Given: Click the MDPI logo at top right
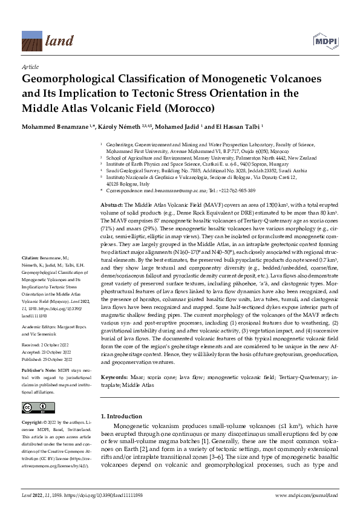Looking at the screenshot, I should pyautogui.click(x=326, y=41).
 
